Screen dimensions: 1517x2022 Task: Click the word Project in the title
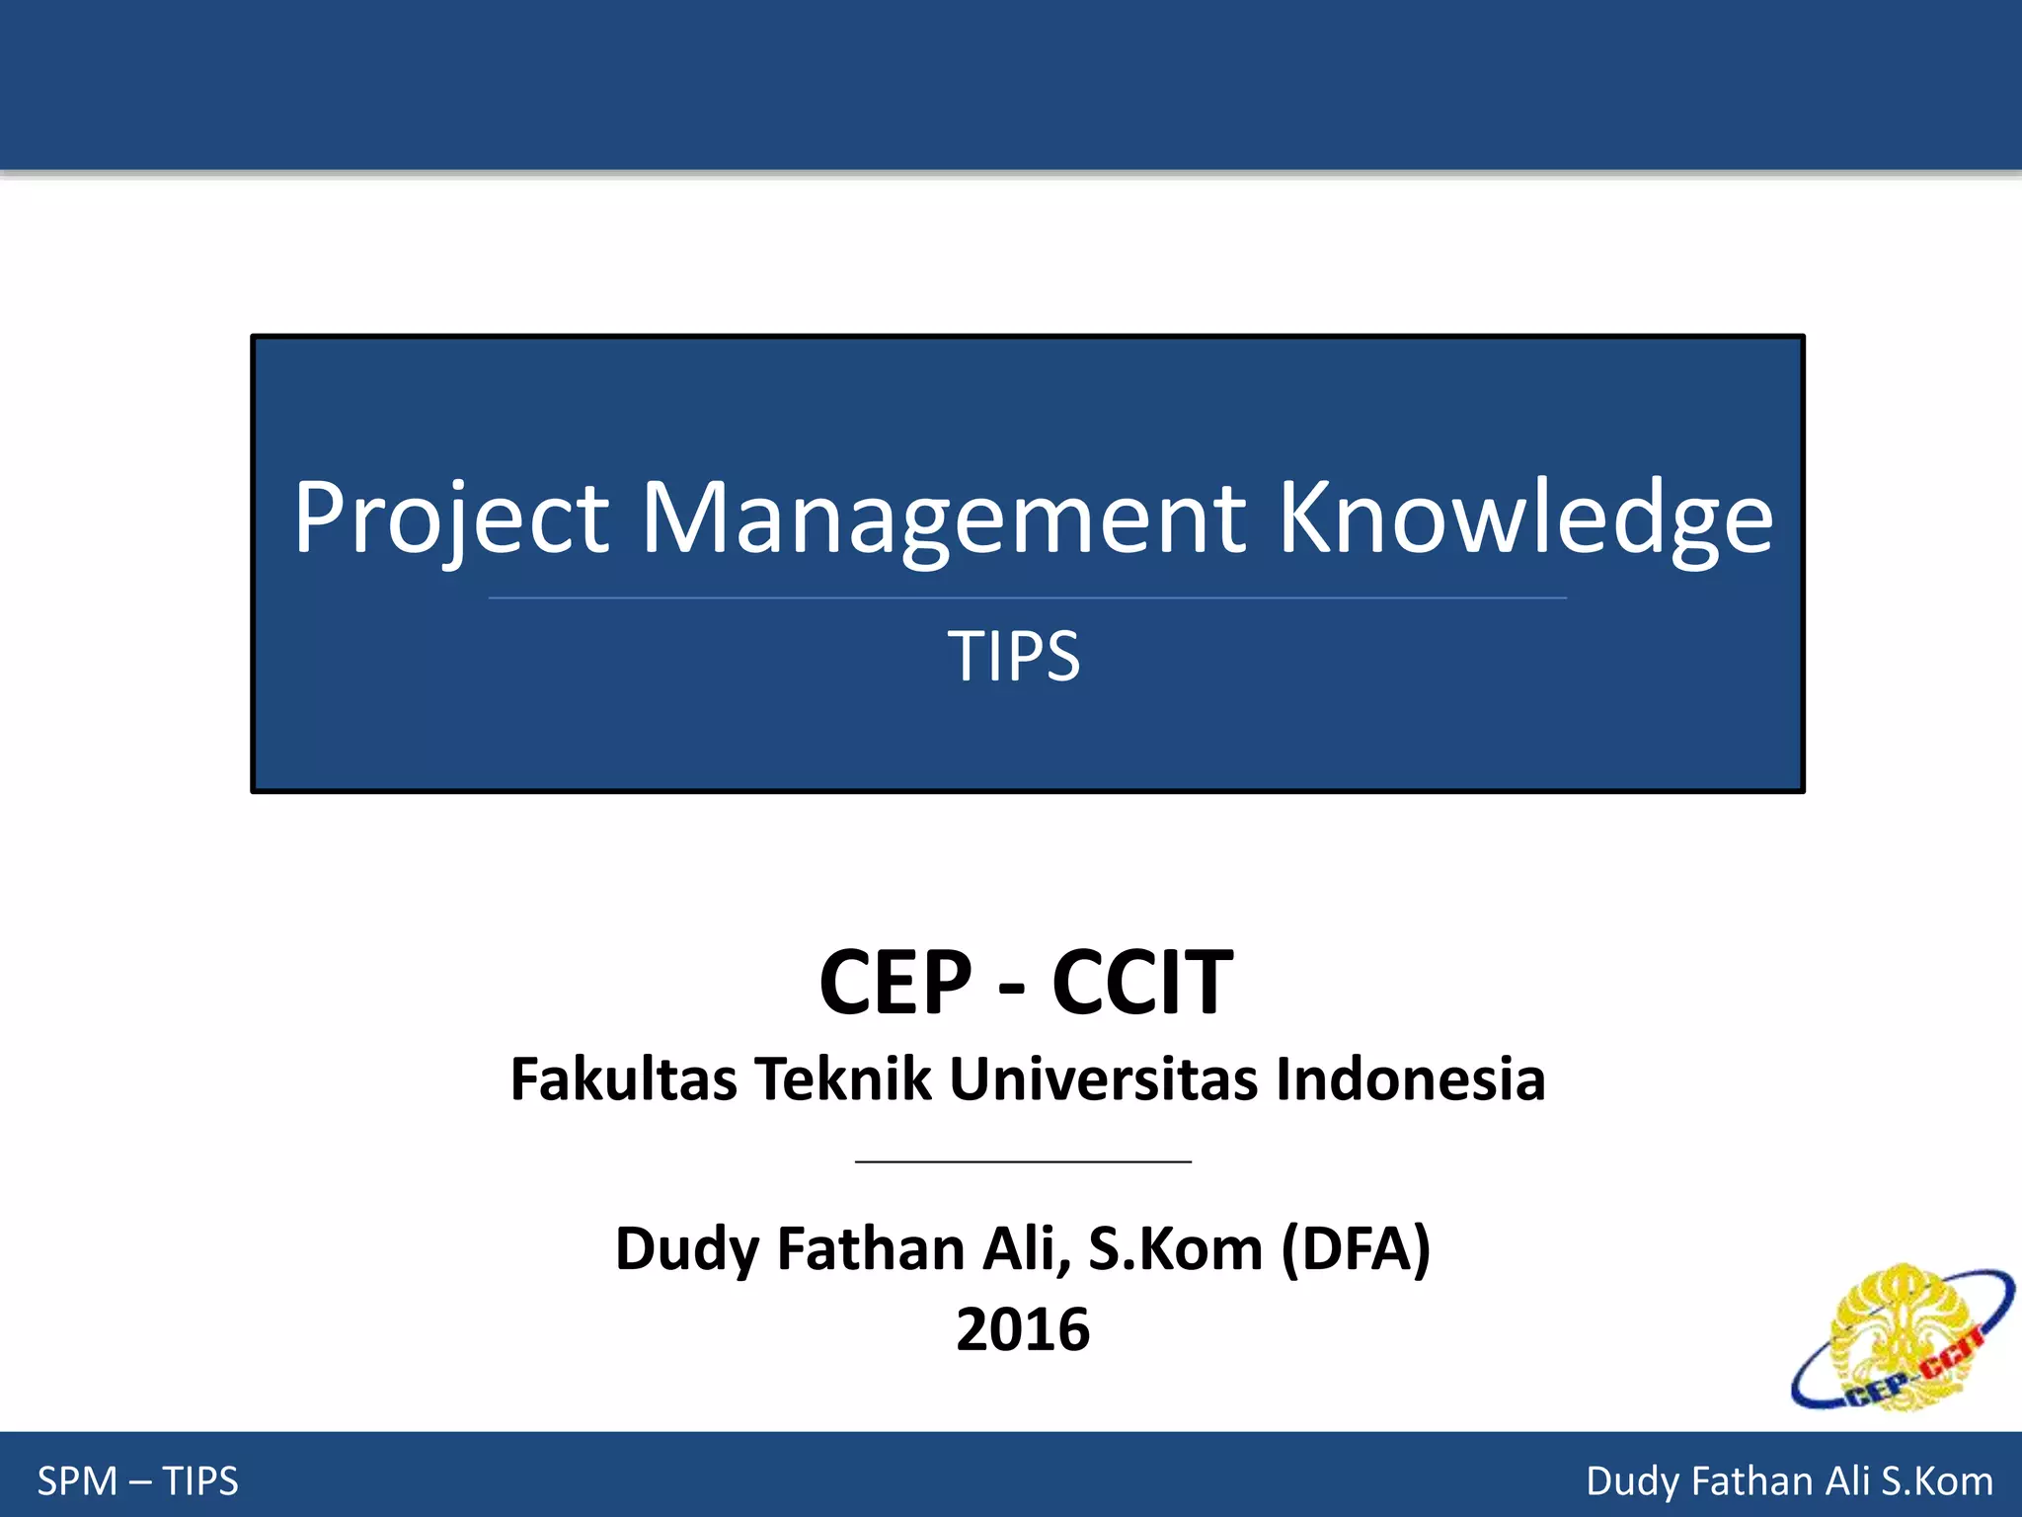click(x=451, y=518)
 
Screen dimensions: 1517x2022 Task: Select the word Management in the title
click(x=945, y=518)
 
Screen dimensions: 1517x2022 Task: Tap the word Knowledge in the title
click(x=1525, y=518)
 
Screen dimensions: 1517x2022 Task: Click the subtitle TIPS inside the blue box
click(x=1014, y=656)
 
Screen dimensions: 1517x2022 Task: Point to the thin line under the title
click(x=1027, y=598)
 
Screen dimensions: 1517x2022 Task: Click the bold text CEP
click(x=895, y=982)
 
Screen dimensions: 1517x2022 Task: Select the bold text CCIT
click(x=1142, y=982)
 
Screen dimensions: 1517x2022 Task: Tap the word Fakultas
click(x=623, y=1078)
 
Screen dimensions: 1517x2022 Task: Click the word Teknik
click(x=843, y=1078)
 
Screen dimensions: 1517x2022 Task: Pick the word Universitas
click(x=1103, y=1078)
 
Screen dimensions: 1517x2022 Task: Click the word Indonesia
click(x=1410, y=1078)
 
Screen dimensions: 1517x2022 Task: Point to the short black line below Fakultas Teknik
click(x=1023, y=1162)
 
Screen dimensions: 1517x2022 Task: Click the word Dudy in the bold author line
click(x=687, y=1249)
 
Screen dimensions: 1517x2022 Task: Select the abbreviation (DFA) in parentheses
click(x=1356, y=1249)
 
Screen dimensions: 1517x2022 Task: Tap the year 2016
click(x=1023, y=1329)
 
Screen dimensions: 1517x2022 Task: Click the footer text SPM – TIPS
click(x=138, y=1481)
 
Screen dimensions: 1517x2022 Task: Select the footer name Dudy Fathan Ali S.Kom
click(x=1789, y=1481)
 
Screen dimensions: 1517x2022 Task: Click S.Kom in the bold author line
click(x=1175, y=1249)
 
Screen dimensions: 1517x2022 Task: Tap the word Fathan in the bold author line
click(x=870, y=1249)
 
